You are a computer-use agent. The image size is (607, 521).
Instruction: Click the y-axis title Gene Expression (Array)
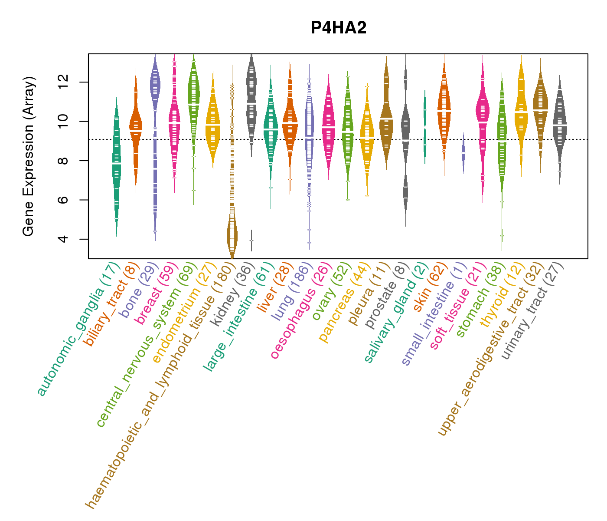click(x=29, y=156)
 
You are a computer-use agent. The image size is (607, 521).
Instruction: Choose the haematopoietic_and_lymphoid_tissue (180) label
click(x=160, y=384)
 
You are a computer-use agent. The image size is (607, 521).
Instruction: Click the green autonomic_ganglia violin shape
click(x=117, y=165)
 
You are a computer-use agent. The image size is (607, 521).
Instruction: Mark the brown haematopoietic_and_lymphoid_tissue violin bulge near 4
click(x=232, y=234)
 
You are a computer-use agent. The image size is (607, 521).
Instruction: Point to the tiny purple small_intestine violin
click(x=463, y=153)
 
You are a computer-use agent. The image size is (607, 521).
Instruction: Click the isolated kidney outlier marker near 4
click(x=251, y=241)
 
